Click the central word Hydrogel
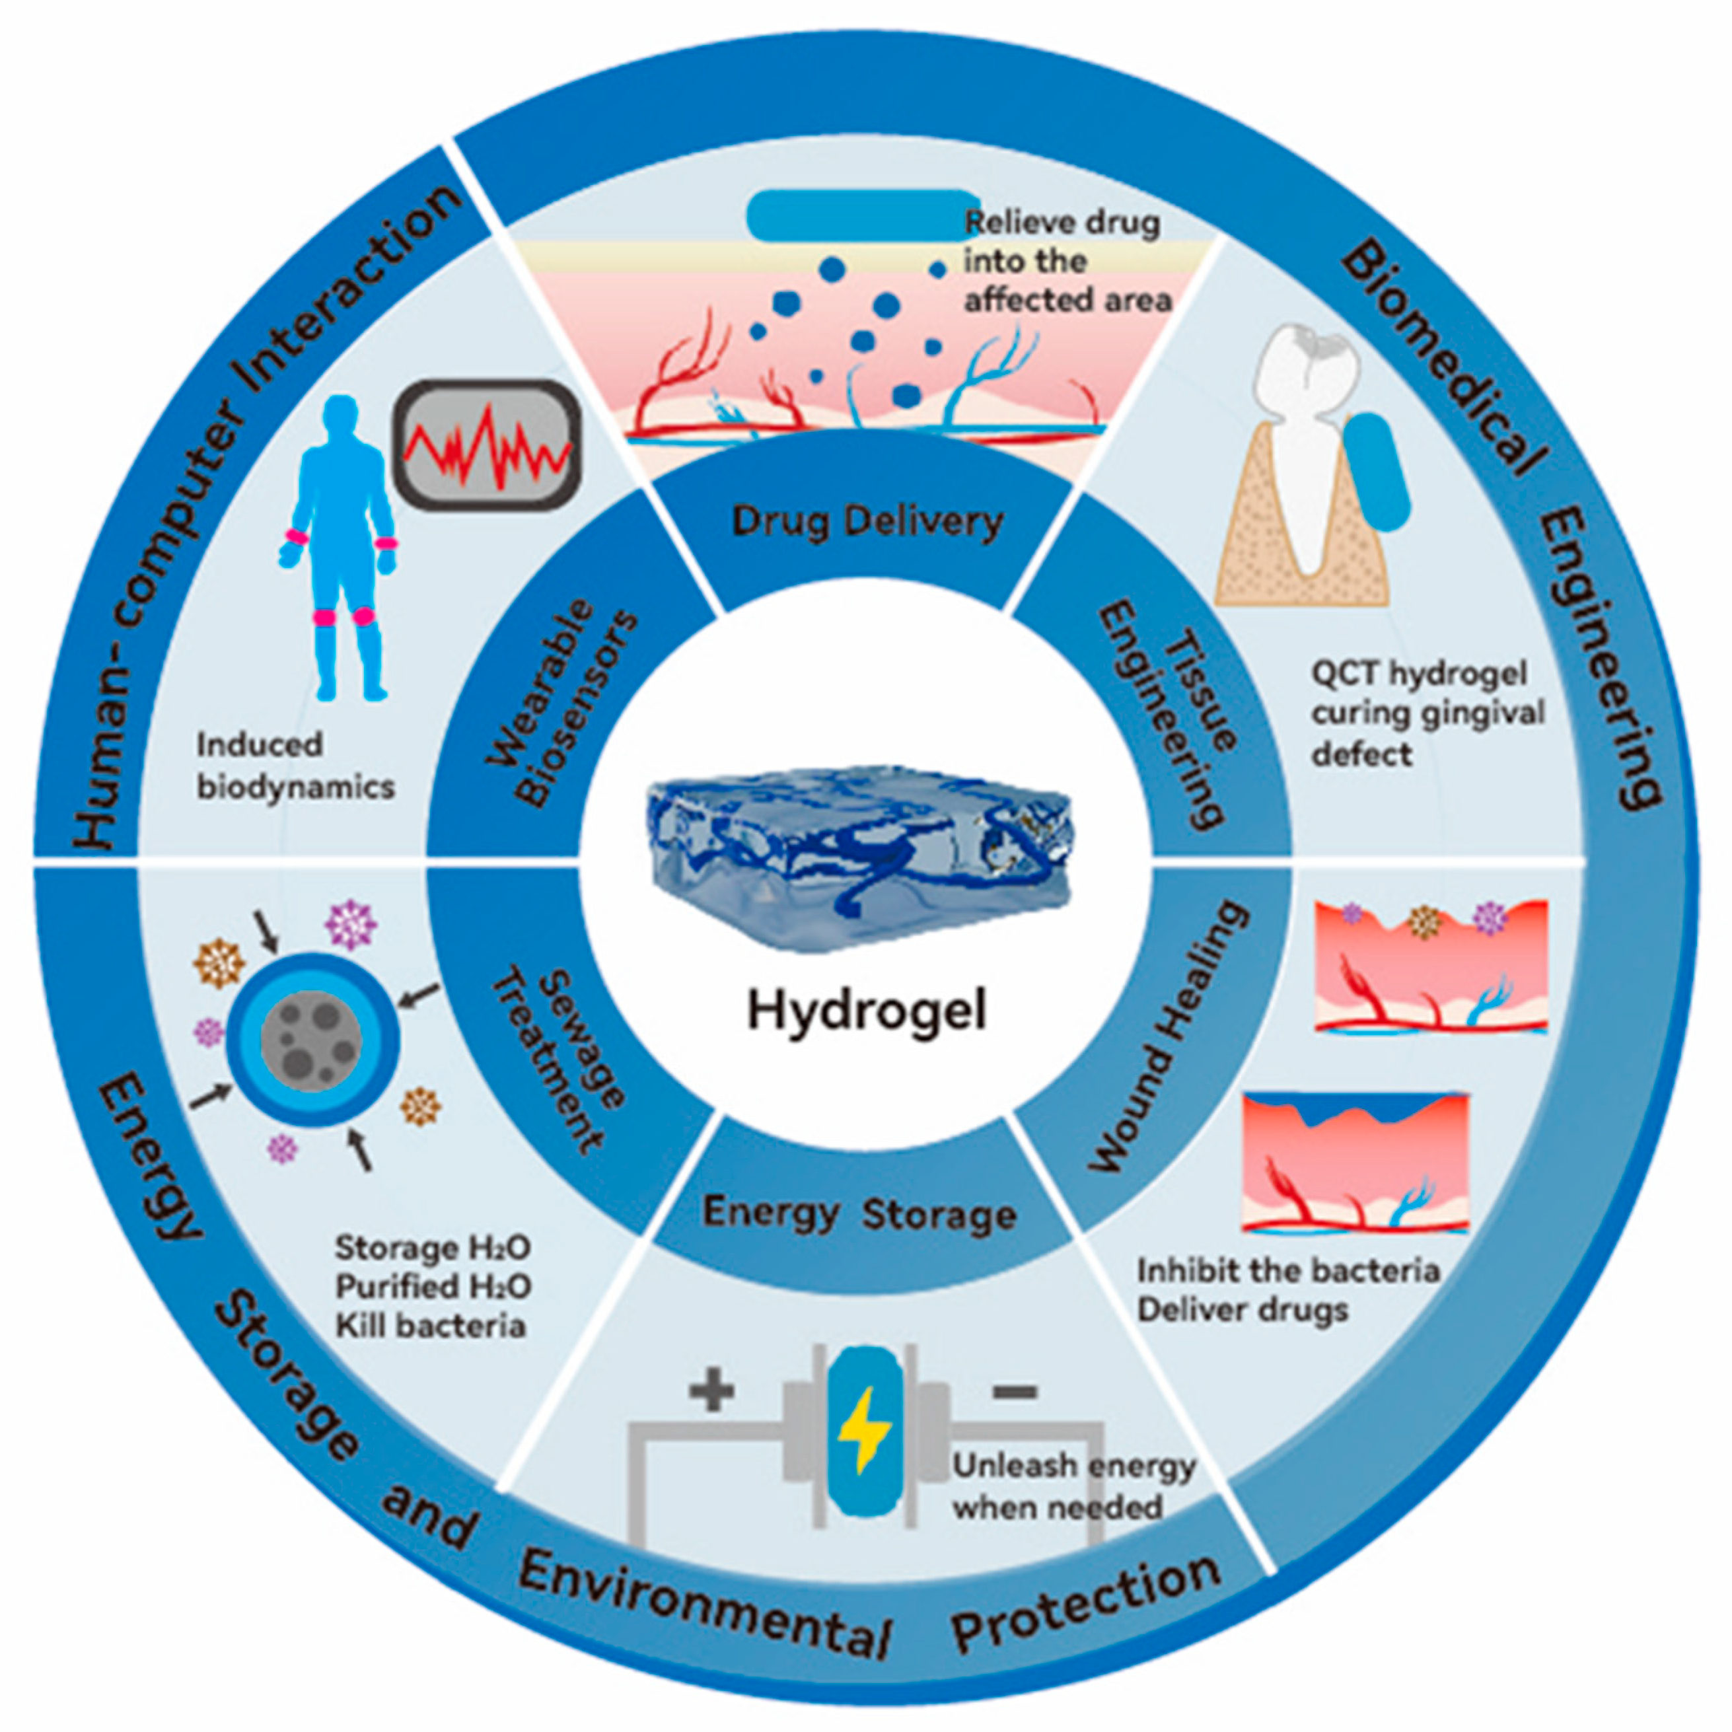(x=866, y=1011)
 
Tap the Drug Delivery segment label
(x=867, y=522)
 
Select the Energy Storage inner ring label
(x=859, y=1214)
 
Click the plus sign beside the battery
(x=712, y=1392)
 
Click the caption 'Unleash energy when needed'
(x=1073, y=1486)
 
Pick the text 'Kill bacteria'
(x=430, y=1326)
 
